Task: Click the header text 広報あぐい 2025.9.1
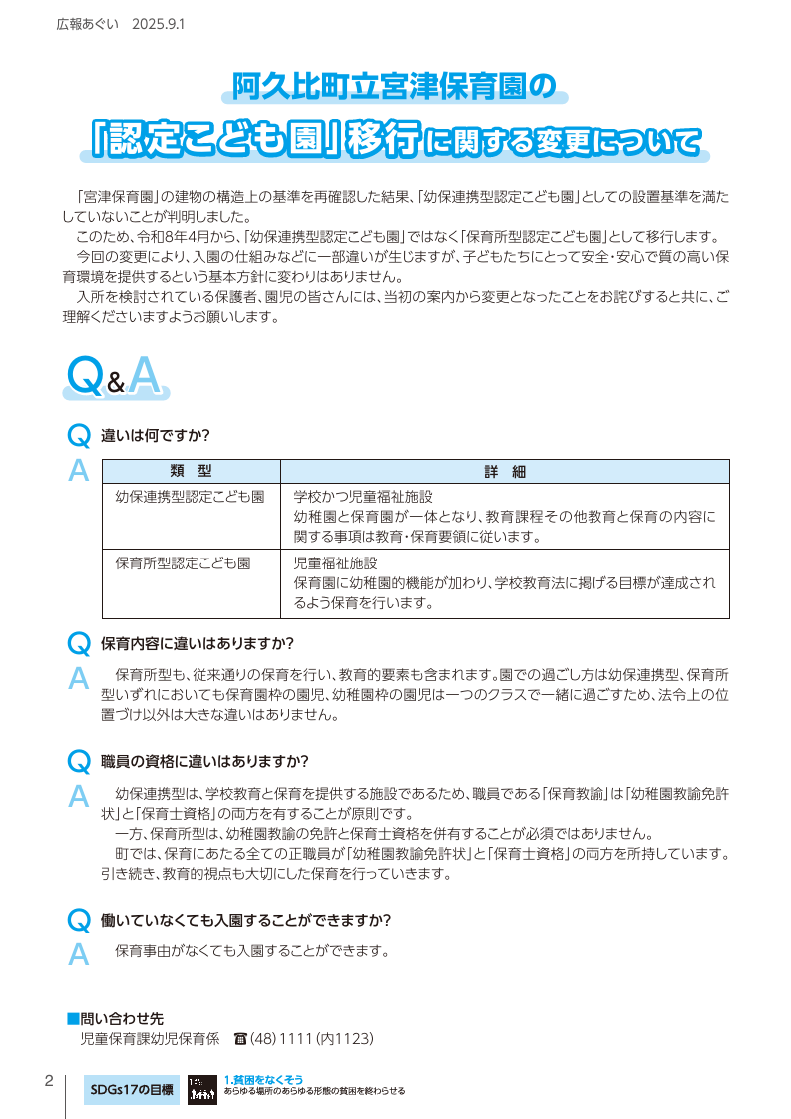[x=120, y=22]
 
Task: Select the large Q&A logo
[x=112, y=377]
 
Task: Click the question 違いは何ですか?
[x=155, y=436]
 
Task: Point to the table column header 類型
[x=191, y=472]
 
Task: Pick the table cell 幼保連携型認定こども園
[x=190, y=496]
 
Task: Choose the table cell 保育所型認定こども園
[x=183, y=562]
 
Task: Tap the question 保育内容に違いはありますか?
[x=198, y=642]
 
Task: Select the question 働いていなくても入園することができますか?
[x=245, y=919]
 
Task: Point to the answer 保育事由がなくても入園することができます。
[x=250, y=950]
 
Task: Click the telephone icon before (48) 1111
[x=239, y=1039]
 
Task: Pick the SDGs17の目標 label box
[x=131, y=1089]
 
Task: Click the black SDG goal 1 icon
[x=201, y=1089]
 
